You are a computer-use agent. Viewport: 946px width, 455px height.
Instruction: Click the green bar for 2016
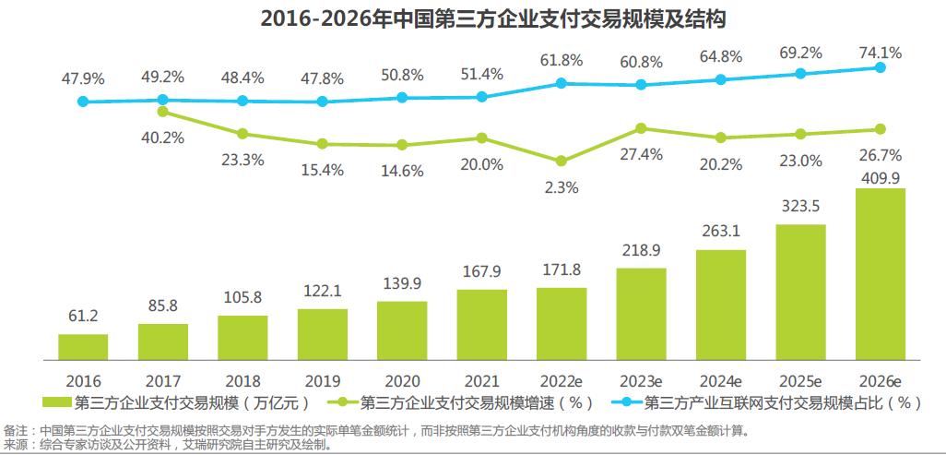point(83,346)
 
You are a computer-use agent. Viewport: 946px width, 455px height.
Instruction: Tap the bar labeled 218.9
point(641,313)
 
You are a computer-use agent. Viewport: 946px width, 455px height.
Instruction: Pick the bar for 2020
point(402,329)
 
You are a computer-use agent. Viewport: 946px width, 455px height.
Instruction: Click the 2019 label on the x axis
point(322,380)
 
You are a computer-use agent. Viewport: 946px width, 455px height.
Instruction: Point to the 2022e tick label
point(561,380)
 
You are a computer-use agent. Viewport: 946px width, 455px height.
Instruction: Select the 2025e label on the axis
point(800,380)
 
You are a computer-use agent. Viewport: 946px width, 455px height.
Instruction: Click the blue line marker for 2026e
point(881,67)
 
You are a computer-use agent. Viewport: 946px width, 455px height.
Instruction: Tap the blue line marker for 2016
point(83,102)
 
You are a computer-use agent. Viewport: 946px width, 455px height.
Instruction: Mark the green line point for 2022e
point(562,161)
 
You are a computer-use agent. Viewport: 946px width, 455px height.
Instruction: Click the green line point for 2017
point(163,112)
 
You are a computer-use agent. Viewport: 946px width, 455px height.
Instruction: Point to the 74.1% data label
point(881,52)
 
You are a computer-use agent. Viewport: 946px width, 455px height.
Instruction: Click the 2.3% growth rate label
point(562,187)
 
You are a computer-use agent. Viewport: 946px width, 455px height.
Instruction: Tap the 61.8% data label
point(562,61)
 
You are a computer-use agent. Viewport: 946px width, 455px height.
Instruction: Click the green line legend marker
point(339,402)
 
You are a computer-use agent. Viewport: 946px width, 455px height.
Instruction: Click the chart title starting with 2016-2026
point(472,18)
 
